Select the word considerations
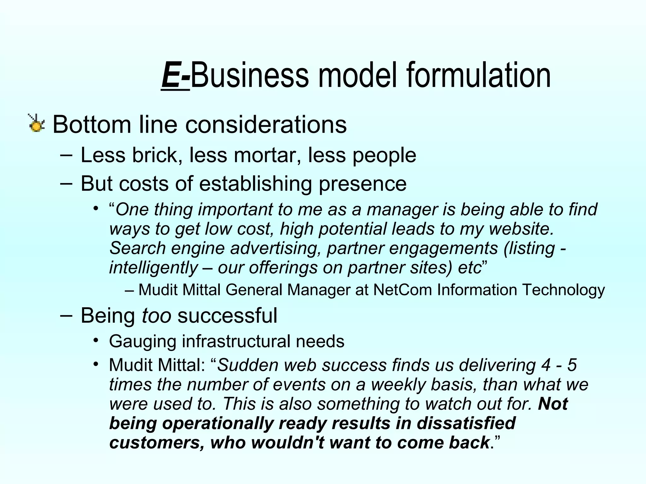[266, 124]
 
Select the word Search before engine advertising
[138, 248]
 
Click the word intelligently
[153, 268]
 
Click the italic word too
[156, 315]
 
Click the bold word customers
[157, 443]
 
